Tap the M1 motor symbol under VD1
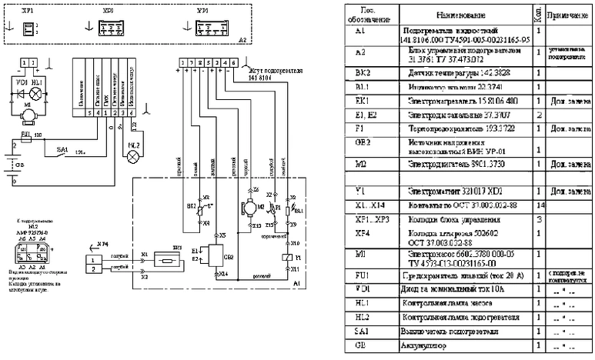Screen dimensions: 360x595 pos(28,113)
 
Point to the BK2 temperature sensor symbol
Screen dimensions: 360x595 pos(202,208)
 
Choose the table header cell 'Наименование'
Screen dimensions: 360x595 pos(460,15)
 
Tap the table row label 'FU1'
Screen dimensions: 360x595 pos(363,275)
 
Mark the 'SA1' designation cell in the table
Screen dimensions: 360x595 pos(363,332)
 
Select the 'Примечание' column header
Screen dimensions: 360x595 pos(569,15)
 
